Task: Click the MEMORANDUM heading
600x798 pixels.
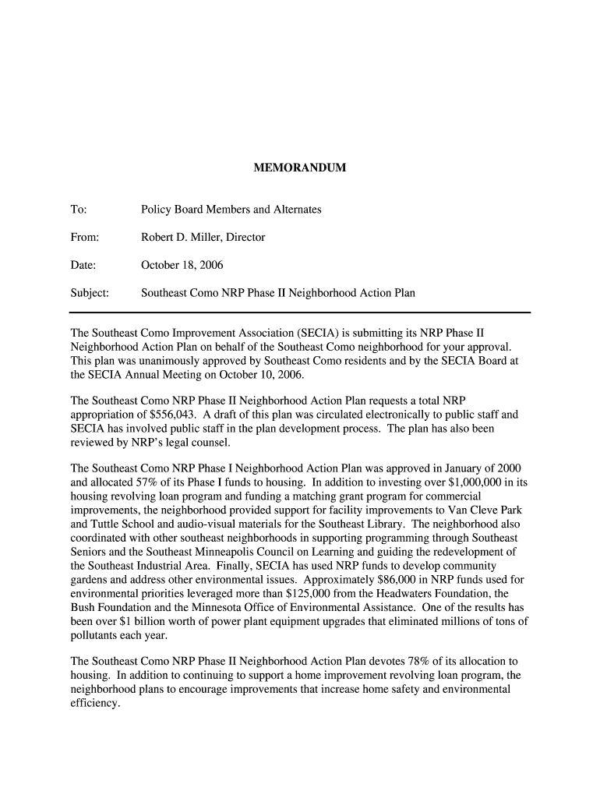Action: coord(299,168)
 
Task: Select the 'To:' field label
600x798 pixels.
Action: coord(78,210)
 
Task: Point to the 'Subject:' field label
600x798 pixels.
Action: coord(90,293)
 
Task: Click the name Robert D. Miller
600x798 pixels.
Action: coord(182,237)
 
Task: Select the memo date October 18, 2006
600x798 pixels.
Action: coord(182,265)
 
